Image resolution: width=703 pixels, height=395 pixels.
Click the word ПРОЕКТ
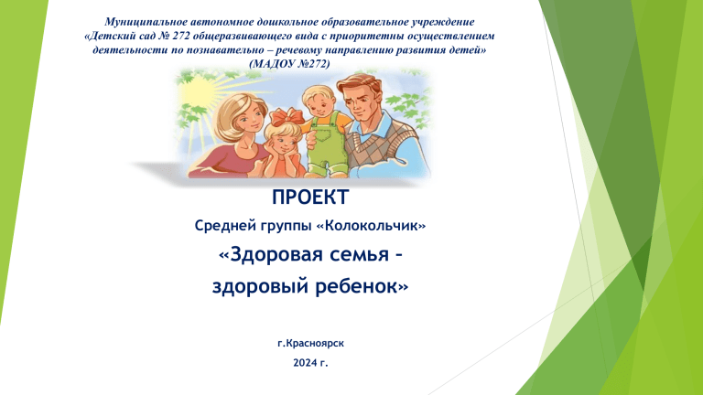click(310, 197)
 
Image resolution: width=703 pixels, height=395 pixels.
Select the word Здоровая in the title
click(271, 254)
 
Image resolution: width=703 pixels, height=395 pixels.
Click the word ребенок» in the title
click(362, 286)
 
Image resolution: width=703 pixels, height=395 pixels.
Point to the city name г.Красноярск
click(310, 344)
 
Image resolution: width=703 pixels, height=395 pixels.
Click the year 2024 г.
click(310, 363)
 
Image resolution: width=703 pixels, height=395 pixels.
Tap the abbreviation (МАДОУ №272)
click(289, 64)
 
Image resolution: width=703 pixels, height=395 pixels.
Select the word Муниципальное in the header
click(146, 22)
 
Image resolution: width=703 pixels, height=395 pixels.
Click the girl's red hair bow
click(286, 117)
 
